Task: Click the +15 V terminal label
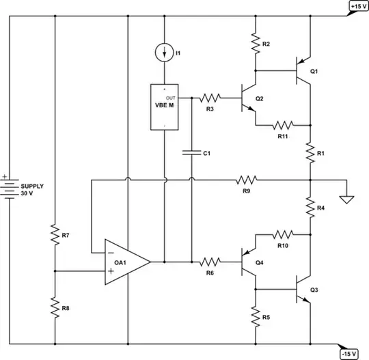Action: pos(357,7)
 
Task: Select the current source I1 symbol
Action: pos(165,52)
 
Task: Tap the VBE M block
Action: pos(165,107)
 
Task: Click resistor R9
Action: pos(246,180)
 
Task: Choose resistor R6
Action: pos(209,262)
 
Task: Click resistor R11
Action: pos(282,125)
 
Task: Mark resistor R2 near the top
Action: pos(256,44)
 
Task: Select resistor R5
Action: pos(256,317)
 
